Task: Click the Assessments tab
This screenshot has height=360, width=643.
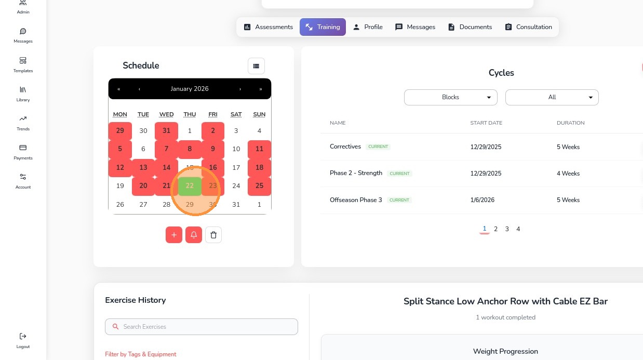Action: tap(269, 27)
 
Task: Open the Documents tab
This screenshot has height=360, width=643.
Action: tap(470, 27)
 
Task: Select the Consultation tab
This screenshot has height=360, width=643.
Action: tap(528, 27)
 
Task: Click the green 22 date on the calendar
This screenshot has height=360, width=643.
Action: tap(190, 186)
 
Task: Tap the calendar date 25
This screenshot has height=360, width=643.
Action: tap(259, 186)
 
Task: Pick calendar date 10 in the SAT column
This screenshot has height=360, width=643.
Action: tap(236, 149)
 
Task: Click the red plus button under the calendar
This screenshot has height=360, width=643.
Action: tap(174, 235)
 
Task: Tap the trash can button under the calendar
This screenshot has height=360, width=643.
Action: tap(213, 235)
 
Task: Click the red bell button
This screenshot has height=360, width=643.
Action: tap(194, 235)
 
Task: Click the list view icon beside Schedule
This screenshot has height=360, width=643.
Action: tap(256, 66)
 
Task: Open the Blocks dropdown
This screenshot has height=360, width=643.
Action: tap(450, 97)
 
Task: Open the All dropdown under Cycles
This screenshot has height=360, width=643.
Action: tap(552, 97)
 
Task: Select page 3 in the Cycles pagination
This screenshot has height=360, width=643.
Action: tap(507, 229)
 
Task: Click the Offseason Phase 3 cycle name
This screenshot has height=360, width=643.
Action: tap(356, 200)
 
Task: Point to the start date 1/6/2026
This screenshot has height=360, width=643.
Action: tap(482, 200)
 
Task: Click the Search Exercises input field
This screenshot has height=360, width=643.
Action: tap(202, 327)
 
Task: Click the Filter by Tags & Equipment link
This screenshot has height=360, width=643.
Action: tap(140, 354)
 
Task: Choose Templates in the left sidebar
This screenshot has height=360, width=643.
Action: tap(23, 64)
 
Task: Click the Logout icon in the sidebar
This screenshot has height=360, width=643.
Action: tap(23, 337)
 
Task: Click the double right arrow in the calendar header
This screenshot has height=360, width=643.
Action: tap(260, 89)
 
